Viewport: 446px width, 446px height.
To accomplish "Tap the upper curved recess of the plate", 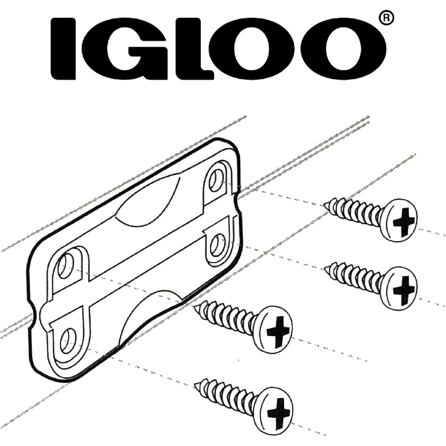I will (149, 205).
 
